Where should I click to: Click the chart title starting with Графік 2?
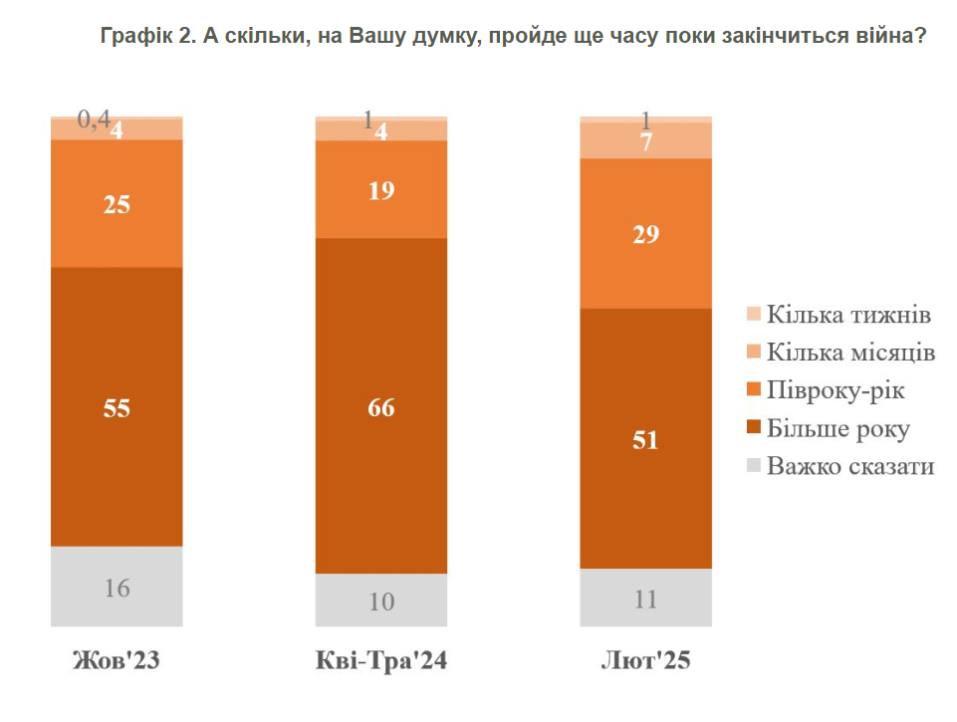click(514, 38)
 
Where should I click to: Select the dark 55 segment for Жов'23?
click(117, 406)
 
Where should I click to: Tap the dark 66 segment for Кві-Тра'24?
click(381, 406)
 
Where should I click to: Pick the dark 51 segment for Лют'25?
click(646, 438)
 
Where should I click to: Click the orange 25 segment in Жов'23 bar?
click(117, 204)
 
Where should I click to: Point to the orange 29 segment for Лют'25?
click(646, 234)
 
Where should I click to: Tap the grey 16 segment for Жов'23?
click(117, 587)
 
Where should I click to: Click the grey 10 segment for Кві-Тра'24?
click(381, 601)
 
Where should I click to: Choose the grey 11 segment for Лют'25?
click(646, 599)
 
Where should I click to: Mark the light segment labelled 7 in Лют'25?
click(646, 141)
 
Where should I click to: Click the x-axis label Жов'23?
click(117, 662)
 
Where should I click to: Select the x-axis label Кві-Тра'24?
click(381, 662)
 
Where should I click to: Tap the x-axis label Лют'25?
click(646, 662)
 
